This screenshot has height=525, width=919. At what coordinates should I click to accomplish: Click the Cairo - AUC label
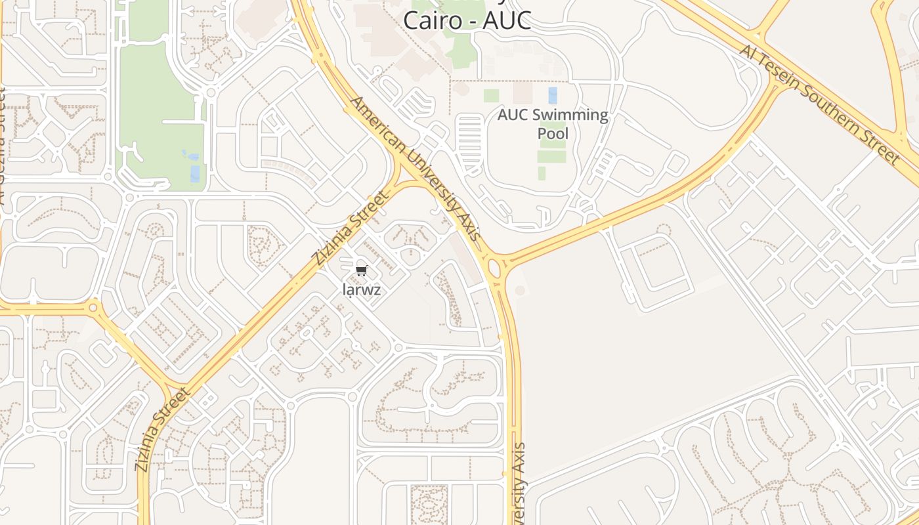(x=466, y=20)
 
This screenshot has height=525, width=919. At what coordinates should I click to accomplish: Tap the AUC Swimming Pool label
(x=553, y=124)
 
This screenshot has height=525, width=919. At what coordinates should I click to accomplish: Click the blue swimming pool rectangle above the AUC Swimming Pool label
(x=553, y=95)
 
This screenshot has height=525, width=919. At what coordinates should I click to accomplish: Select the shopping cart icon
(x=361, y=271)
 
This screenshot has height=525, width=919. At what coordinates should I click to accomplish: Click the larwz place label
(x=362, y=289)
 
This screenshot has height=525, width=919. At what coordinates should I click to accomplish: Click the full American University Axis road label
(x=416, y=168)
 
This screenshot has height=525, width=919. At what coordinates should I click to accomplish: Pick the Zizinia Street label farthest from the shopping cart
(x=163, y=429)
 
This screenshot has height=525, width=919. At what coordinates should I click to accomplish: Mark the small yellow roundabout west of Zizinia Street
(x=93, y=306)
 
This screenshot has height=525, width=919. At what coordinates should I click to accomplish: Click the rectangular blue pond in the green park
(x=195, y=174)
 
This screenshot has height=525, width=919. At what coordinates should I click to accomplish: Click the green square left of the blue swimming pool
(x=491, y=96)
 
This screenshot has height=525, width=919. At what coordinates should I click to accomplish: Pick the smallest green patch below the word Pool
(x=542, y=173)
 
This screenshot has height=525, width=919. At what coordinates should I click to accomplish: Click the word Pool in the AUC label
(x=553, y=134)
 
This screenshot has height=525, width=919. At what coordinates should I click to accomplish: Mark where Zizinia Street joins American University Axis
(x=402, y=176)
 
